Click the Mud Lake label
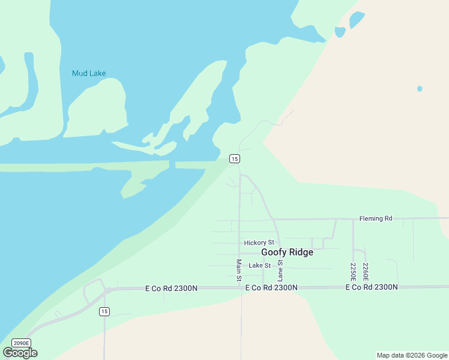[89, 73]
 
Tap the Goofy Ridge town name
[287, 253]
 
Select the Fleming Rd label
[375, 218]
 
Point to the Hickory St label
[259, 243]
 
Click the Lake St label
[260, 265]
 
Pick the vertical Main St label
[239, 270]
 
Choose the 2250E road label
[354, 271]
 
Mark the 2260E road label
[365, 271]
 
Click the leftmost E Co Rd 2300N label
[171, 288]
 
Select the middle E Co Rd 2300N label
[271, 288]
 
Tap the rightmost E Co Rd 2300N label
[371, 288]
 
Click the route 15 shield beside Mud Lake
[235, 158]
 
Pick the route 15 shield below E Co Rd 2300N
[104, 311]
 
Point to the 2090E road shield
[20, 343]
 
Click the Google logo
[20, 352]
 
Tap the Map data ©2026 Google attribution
[412, 355]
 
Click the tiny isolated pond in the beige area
[420, 89]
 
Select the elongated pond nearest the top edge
[357, 20]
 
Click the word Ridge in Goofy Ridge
[301, 253]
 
